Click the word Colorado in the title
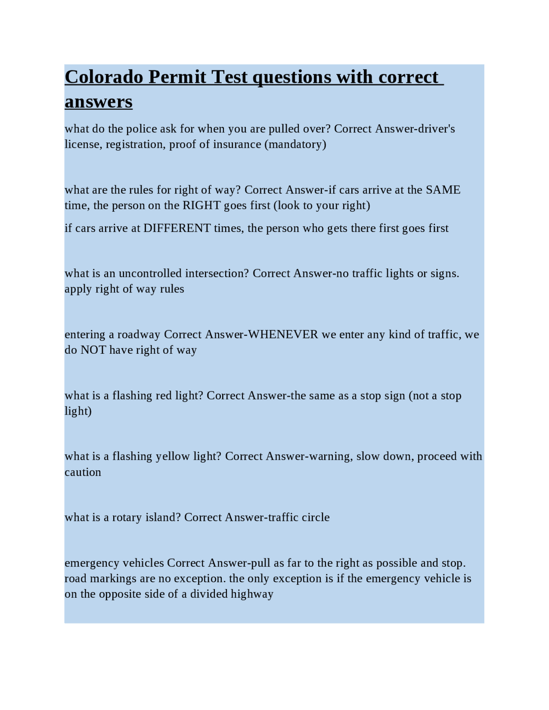tap(104, 77)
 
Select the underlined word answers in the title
tap(99, 102)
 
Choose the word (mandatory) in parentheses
tap(295, 144)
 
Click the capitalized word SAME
tap(443, 190)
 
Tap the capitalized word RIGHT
tap(202, 205)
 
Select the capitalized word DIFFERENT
tap(177, 228)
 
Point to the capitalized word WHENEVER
tap(283, 334)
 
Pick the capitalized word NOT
tap(93, 350)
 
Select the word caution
tap(83, 472)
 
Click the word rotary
tap(127, 517)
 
